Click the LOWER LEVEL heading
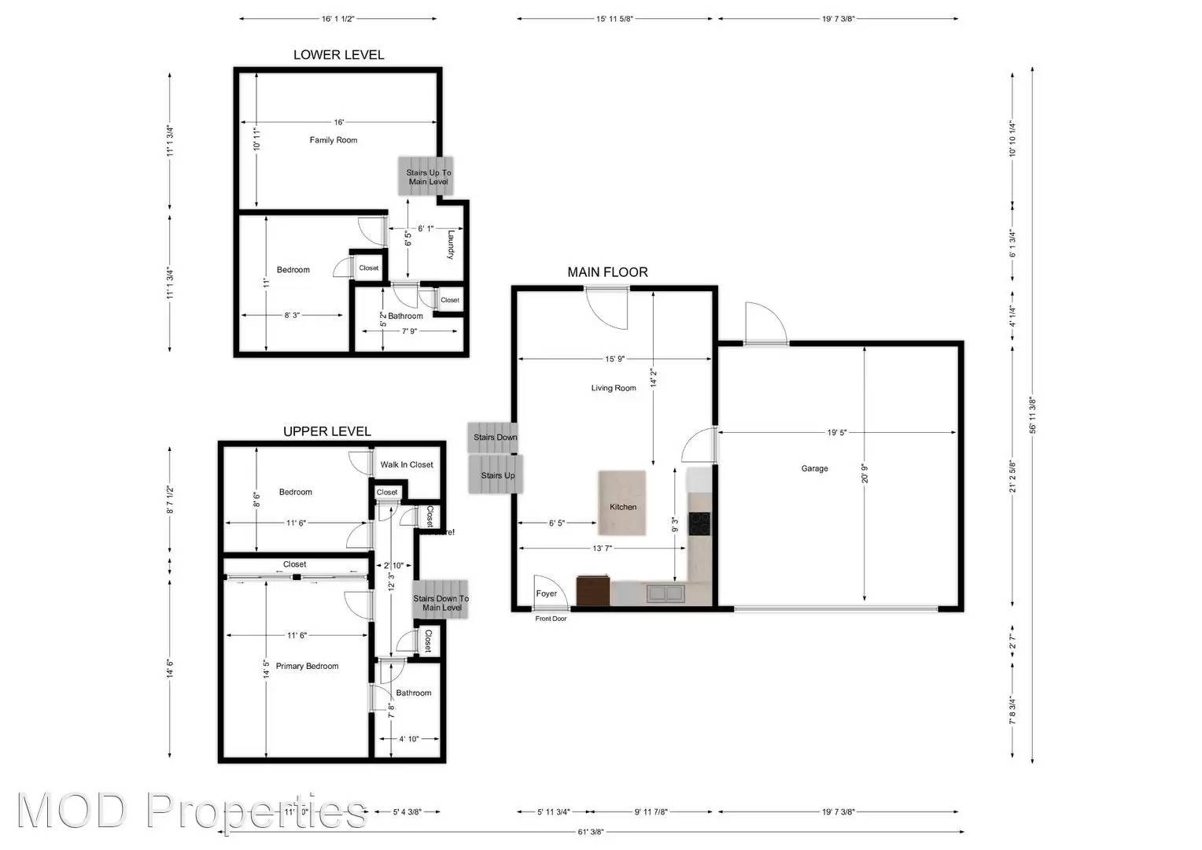338,54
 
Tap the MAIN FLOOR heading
607,272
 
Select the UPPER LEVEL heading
326,431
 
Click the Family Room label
333,140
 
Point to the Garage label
814,468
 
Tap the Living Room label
614,388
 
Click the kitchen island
622,503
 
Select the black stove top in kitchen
699,523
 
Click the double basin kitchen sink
666,593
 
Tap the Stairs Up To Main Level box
427,176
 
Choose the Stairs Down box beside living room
494,438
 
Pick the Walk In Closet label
407,464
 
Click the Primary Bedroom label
307,666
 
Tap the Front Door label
551,619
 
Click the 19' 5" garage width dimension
836,432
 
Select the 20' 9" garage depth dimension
865,473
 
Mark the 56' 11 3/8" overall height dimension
1032,415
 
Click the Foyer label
546,593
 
